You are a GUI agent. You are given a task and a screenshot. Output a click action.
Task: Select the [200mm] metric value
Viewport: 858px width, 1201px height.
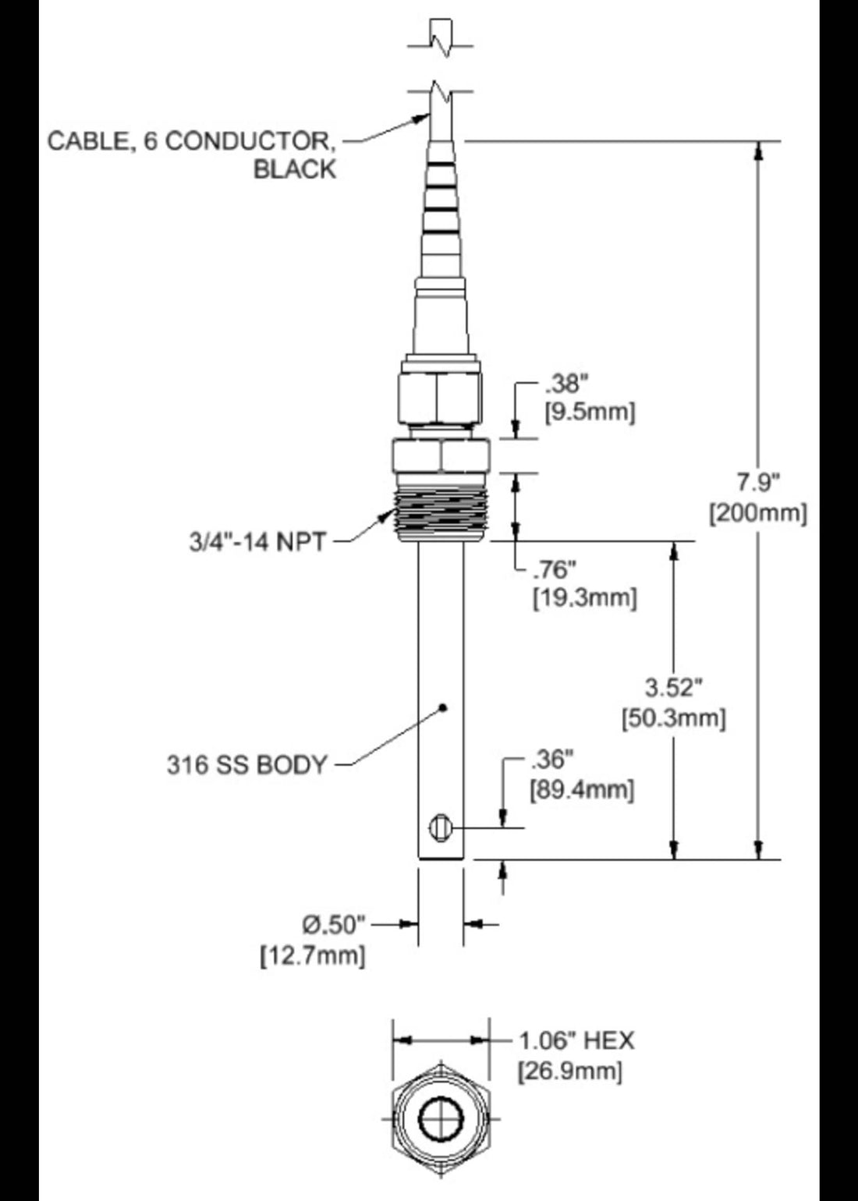point(757,513)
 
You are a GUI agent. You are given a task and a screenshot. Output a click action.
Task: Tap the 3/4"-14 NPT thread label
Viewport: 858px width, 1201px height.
point(257,541)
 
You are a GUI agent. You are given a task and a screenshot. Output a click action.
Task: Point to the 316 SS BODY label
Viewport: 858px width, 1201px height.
point(246,764)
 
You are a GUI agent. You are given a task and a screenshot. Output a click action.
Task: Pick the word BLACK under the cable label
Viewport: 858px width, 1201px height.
point(294,169)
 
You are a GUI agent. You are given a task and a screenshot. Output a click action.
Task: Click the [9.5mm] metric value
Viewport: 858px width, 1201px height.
point(590,412)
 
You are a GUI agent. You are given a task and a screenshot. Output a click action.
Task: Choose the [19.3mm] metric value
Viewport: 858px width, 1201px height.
point(585,597)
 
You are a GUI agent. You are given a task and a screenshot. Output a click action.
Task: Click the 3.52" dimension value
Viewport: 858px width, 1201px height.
point(674,687)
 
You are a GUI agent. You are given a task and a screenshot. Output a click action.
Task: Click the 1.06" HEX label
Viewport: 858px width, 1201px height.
point(576,1040)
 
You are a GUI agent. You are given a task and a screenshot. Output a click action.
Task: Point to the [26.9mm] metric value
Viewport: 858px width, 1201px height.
point(570,1070)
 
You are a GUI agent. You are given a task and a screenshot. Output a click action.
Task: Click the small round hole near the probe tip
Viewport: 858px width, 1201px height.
point(440,827)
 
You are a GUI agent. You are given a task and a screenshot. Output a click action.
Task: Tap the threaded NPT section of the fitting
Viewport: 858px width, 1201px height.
point(441,515)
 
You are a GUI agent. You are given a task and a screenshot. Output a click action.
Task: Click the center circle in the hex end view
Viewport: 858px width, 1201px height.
point(441,1121)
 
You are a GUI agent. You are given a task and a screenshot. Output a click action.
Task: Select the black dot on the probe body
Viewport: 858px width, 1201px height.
point(443,707)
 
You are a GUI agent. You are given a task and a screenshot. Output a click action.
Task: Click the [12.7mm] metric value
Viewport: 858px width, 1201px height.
point(312,955)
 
